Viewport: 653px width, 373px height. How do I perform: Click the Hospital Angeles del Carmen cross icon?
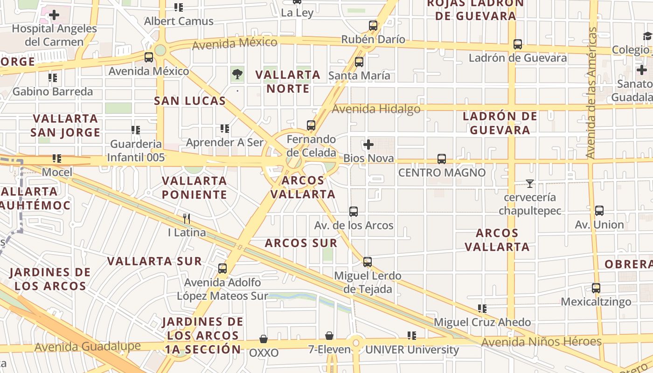(x=54, y=15)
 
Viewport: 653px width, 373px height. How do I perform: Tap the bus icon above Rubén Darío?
(x=373, y=26)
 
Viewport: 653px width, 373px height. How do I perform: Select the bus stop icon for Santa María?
(x=359, y=62)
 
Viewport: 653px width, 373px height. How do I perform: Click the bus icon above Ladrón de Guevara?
(x=517, y=45)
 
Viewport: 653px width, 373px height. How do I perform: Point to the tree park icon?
(x=237, y=74)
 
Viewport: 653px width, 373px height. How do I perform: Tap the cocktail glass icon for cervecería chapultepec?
(x=529, y=184)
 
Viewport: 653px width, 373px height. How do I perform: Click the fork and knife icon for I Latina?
(x=187, y=218)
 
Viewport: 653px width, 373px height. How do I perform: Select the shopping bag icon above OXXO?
(x=264, y=339)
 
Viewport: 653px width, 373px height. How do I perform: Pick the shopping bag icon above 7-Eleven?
(x=329, y=336)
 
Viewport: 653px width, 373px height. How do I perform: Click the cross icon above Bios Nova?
(x=368, y=145)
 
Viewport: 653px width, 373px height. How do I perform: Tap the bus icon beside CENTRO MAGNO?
(x=442, y=159)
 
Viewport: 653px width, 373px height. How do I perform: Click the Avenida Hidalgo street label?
(x=376, y=109)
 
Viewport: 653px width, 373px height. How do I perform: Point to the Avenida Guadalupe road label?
(x=87, y=346)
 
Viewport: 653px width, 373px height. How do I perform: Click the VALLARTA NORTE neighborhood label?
(x=288, y=82)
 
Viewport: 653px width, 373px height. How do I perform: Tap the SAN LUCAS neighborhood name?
(x=190, y=101)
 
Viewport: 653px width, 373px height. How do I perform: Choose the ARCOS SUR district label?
(x=301, y=243)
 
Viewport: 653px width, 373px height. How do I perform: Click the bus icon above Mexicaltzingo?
(x=596, y=288)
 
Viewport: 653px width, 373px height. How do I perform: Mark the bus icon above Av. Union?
(x=599, y=211)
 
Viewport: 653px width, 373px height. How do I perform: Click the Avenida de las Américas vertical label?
(x=591, y=93)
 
